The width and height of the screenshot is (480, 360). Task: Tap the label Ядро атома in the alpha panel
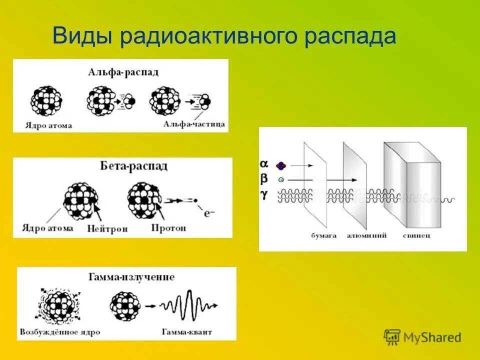[48, 125]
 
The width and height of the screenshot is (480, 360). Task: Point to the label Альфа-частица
[193, 123]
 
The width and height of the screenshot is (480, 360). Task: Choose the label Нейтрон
[106, 228]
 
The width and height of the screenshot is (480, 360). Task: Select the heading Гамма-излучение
[131, 277]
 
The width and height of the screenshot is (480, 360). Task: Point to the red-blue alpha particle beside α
[281, 165]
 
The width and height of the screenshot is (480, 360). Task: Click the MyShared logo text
[432, 337]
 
